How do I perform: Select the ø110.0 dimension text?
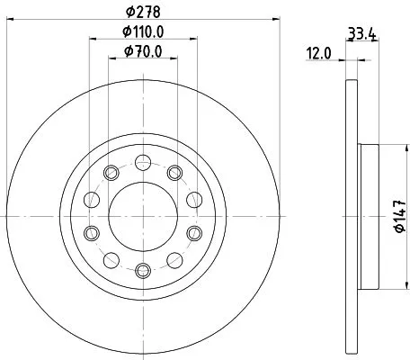[x=143, y=33]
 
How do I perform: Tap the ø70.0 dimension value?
[x=143, y=53]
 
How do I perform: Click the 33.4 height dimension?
[x=361, y=33]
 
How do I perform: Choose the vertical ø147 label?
[x=393, y=216]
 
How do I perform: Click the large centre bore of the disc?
[x=143, y=216]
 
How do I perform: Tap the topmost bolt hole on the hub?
[x=143, y=163]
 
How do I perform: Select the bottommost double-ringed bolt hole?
[x=143, y=269]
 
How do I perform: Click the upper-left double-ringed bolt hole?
[x=112, y=173]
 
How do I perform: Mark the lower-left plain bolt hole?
[x=112, y=259]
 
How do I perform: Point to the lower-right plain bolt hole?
[x=174, y=259]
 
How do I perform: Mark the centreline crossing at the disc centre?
[x=143, y=216]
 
